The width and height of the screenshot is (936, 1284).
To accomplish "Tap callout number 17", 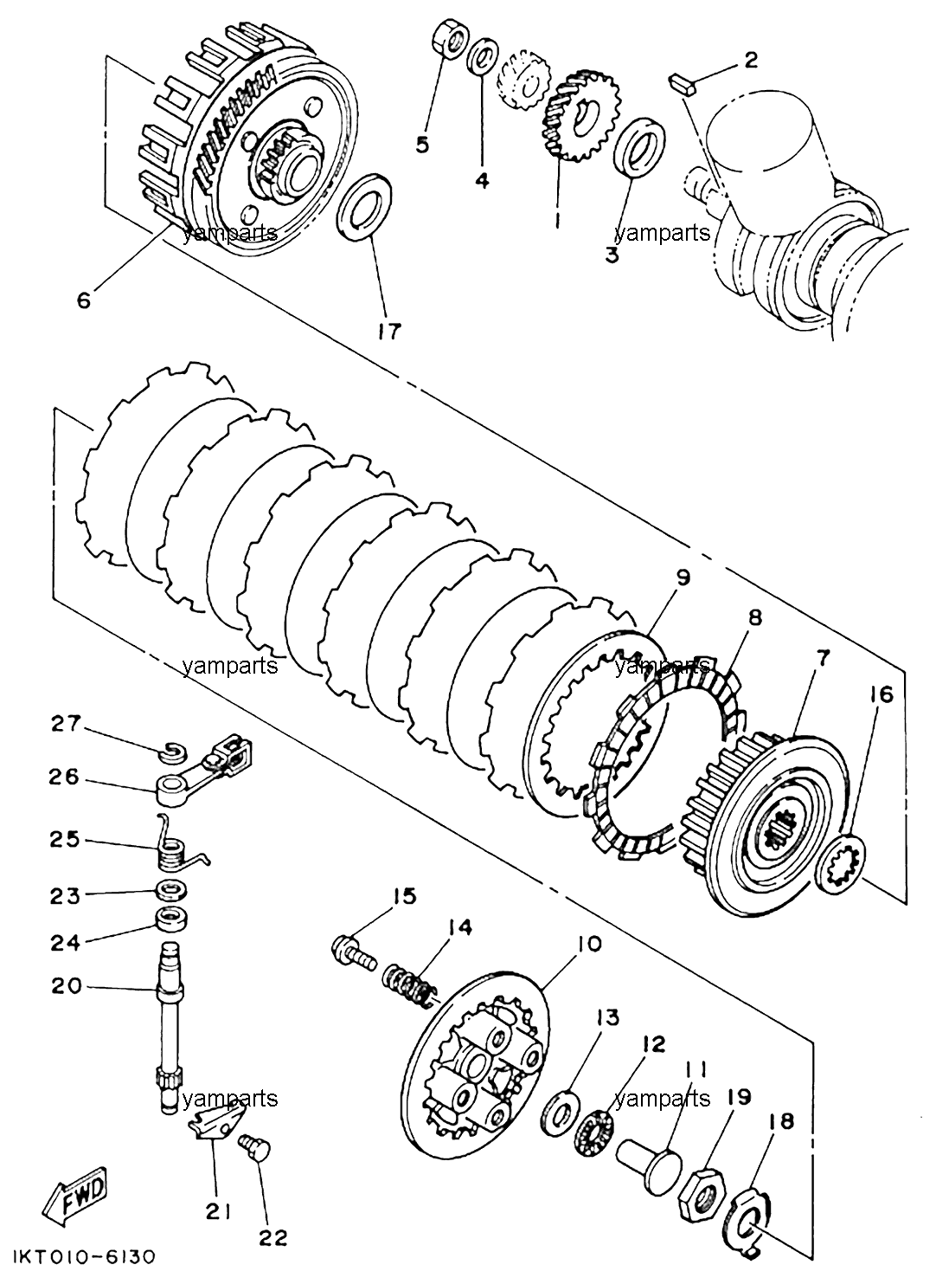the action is tap(388, 331).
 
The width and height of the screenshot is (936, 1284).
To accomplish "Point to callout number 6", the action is tap(84, 300).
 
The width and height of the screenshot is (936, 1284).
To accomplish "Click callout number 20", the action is tap(67, 985).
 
